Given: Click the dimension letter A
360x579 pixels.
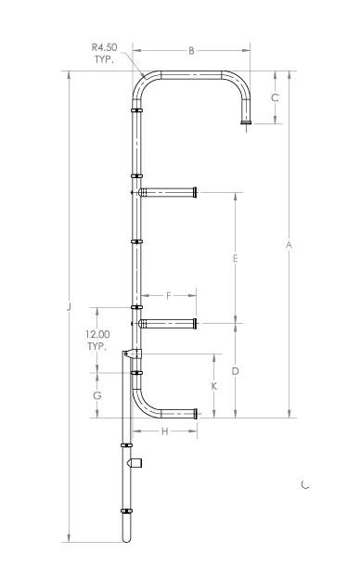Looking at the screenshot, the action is point(289,245).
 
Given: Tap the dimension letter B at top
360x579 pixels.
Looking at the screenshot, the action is point(191,51).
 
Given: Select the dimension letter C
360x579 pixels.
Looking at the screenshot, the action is point(275,97).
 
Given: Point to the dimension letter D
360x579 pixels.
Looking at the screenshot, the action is point(236,371).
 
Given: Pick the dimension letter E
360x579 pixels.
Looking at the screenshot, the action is point(236,258).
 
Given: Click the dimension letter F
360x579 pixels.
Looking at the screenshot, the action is point(168,295).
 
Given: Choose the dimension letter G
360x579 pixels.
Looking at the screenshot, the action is point(97,395).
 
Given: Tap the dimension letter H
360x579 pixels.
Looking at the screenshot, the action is point(165,431).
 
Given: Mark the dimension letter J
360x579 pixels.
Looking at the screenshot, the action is point(69,306).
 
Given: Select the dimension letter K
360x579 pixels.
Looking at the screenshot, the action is point(214,385).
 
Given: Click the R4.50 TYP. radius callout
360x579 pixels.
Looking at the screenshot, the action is point(102,52).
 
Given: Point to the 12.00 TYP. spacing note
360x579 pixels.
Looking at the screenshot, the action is point(97,340).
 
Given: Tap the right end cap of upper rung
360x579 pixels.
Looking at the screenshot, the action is point(195,193).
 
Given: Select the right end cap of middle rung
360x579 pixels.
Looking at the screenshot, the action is point(195,324).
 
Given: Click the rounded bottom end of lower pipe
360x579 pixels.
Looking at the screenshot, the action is point(127,537).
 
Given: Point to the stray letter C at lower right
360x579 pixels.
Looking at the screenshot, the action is point(305,483).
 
